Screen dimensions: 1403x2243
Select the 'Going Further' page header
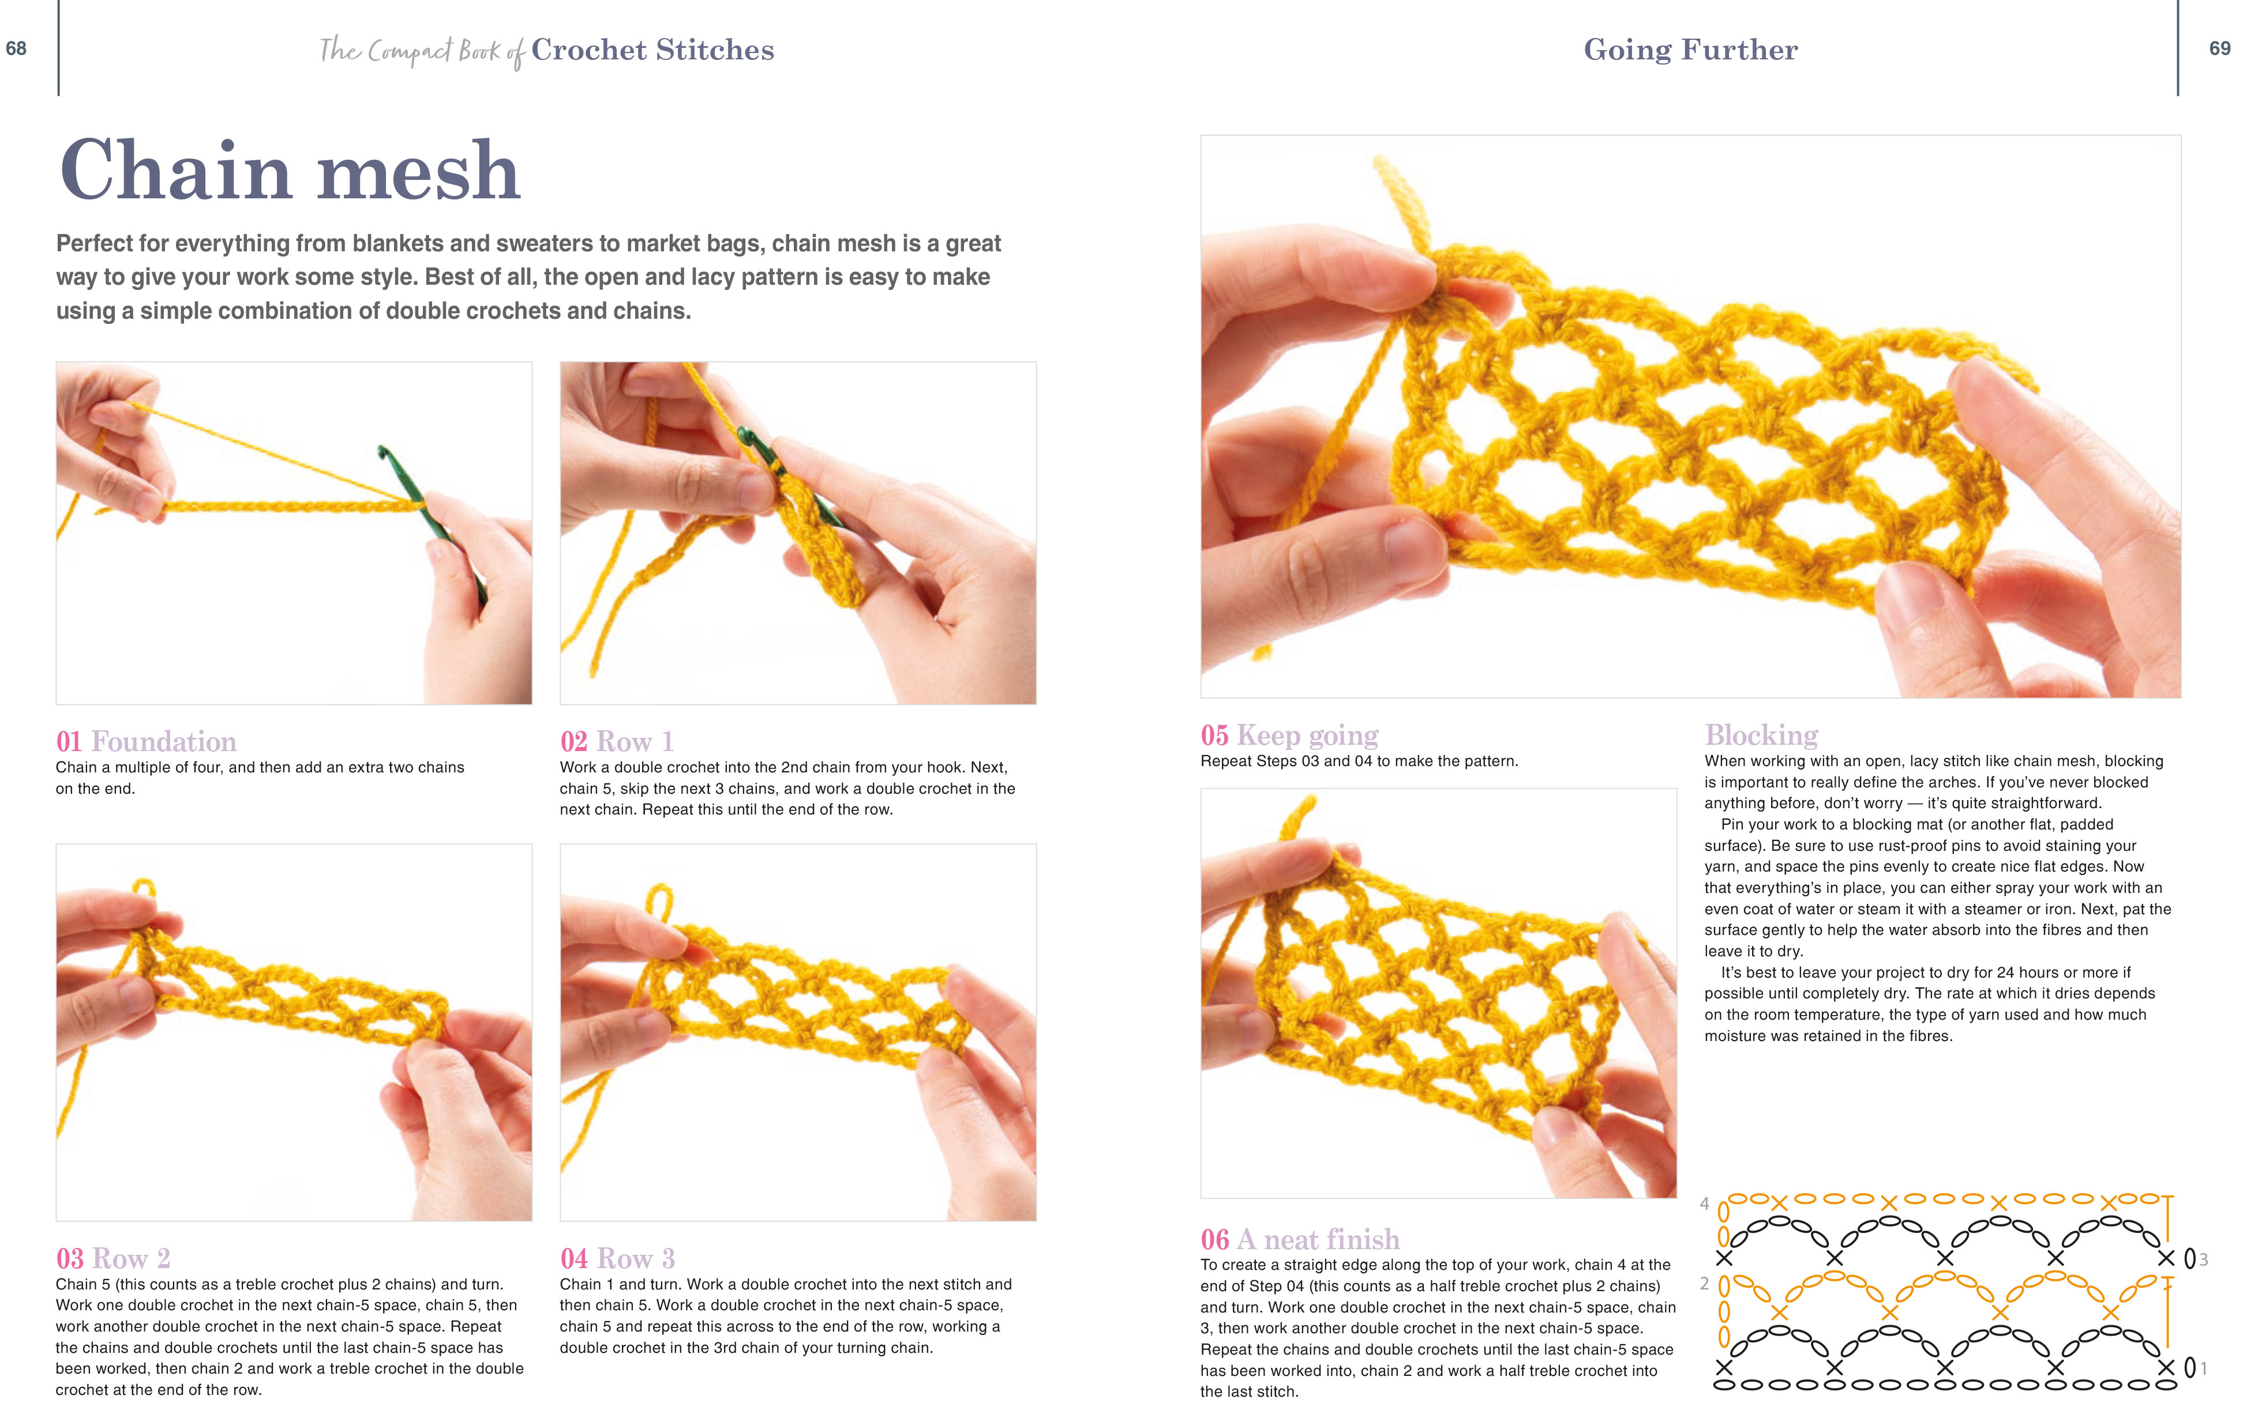coord(1690,49)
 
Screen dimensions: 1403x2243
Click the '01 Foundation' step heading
coord(146,741)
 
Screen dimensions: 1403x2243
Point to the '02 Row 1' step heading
coord(617,741)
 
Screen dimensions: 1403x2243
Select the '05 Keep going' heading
coord(1289,735)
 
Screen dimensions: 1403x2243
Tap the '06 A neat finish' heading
coord(1300,1239)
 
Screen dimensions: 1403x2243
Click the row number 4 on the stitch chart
coord(1705,1204)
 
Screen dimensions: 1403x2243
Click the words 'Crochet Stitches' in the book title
coord(652,49)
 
